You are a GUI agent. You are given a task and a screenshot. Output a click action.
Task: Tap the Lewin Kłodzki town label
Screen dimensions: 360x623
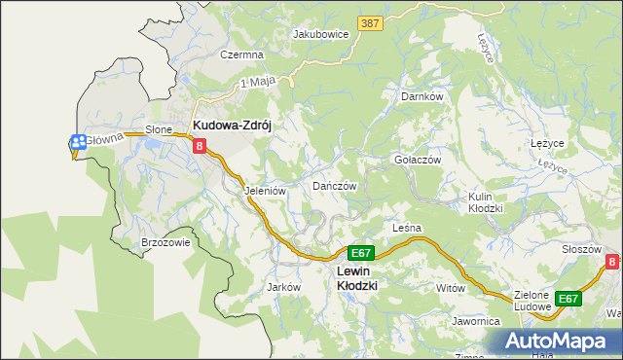(x=356, y=278)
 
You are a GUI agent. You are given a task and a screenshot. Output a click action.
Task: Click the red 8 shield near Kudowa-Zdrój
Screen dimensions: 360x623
(x=200, y=147)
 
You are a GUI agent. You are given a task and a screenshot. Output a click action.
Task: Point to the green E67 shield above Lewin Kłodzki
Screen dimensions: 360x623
(x=359, y=252)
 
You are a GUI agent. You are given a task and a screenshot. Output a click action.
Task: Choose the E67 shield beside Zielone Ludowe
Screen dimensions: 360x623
(x=568, y=299)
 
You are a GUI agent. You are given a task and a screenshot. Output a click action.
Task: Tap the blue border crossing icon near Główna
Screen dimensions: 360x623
(x=78, y=141)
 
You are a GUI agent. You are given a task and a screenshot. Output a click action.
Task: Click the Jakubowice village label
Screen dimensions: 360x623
(x=320, y=33)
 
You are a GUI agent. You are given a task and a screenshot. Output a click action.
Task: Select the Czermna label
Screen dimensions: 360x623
(x=242, y=55)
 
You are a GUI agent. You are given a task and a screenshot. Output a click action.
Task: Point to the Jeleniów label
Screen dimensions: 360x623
(x=265, y=192)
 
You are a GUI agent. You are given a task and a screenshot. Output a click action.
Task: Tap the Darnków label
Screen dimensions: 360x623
(x=422, y=97)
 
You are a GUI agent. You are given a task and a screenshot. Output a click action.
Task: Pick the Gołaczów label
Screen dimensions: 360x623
(x=418, y=160)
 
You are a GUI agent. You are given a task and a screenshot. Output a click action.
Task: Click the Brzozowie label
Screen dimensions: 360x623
(x=165, y=243)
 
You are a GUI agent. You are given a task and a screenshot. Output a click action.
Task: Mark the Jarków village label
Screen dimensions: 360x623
(x=282, y=288)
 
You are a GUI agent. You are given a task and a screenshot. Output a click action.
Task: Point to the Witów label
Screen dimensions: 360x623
(x=451, y=289)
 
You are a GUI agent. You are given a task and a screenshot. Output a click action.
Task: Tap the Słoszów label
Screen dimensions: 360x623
(x=581, y=249)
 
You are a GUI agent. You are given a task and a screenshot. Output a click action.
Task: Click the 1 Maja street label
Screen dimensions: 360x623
(x=256, y=84)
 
